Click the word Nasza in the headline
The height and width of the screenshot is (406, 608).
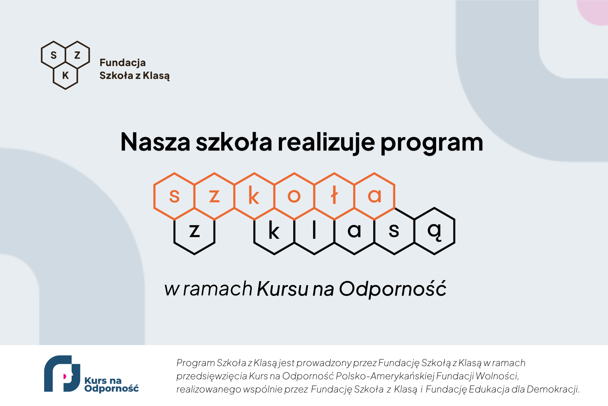(155, 142)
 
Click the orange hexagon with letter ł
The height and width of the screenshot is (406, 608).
(334, 196)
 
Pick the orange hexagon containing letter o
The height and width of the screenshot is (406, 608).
(294, 196)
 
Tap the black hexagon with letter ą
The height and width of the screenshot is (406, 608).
(435, 231)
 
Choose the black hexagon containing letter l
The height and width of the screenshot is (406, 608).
(314, 231)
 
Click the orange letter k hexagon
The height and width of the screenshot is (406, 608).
(254, 196)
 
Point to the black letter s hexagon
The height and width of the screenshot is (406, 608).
(395, 231)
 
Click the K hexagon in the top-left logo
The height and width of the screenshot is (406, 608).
(66, 75)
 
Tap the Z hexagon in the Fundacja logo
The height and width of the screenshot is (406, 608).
(77, 55)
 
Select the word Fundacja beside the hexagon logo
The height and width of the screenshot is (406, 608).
(123, 63)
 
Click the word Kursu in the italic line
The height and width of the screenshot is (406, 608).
(283, 289)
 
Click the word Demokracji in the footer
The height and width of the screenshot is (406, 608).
(553, 389)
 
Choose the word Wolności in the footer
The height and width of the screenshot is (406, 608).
(498, 376)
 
